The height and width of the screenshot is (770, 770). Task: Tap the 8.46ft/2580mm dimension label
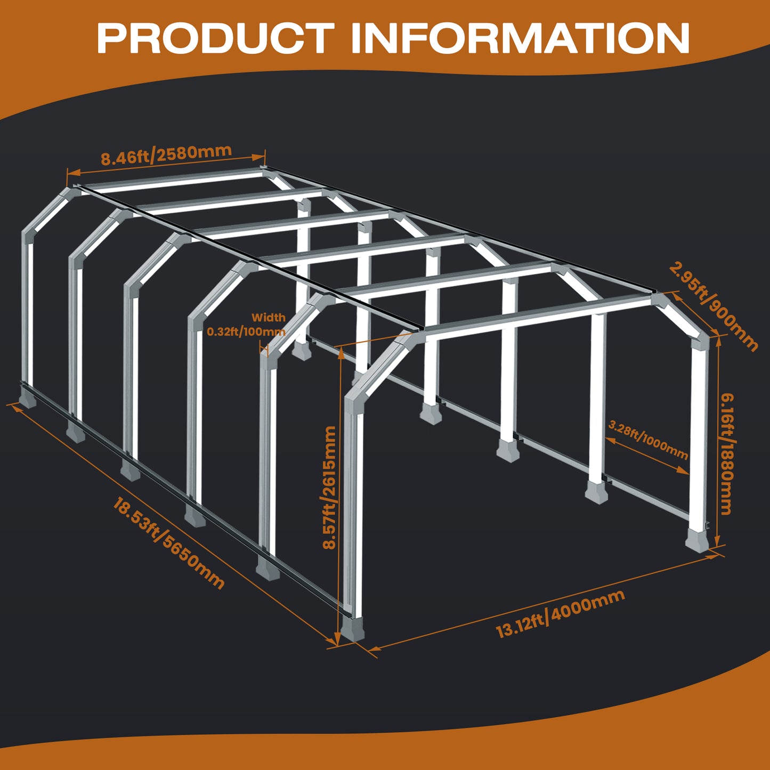pos(166,155)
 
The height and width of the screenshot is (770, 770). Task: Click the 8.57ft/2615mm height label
pos(330,487)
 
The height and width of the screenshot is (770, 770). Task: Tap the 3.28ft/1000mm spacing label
pos(648,440)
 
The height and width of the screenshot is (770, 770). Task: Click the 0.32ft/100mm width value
pos(246,331)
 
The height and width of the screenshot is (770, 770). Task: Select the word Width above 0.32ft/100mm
pos(269,318)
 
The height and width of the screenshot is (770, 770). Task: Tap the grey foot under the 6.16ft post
pos(698,539)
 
